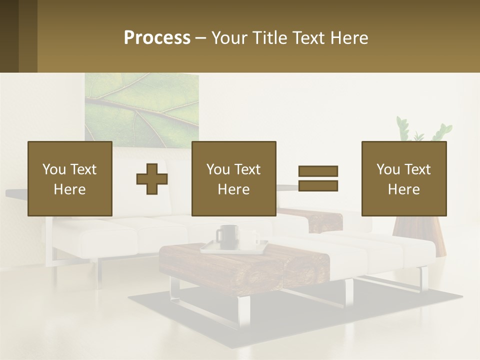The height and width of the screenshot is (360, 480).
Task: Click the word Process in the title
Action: click(157, 38)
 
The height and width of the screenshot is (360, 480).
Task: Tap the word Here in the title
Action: click(349, 38)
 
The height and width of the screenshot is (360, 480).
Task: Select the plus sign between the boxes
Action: click(152, 179)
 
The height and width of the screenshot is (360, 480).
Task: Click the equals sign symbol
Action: click(318, 178)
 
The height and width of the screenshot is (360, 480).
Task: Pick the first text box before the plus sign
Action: click(69, 178)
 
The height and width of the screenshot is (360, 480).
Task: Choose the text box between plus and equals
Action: click(233, 178)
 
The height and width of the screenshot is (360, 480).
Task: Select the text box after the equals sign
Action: click(403, 178)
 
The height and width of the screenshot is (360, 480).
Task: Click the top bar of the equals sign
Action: click(318, 171)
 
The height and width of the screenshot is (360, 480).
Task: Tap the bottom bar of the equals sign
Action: click(318, 185)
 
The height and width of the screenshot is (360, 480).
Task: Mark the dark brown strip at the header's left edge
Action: click(9, 36)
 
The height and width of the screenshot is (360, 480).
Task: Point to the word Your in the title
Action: click(229, 38)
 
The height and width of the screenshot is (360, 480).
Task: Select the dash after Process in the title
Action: click(201, 38)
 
